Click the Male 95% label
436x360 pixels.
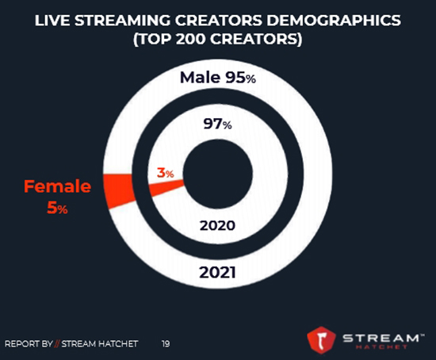pos(216,78)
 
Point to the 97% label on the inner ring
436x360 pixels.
pos(216,124)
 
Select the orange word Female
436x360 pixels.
pos(57,187)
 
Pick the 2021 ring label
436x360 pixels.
pos(216,275)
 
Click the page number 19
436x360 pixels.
pos(166,343)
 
